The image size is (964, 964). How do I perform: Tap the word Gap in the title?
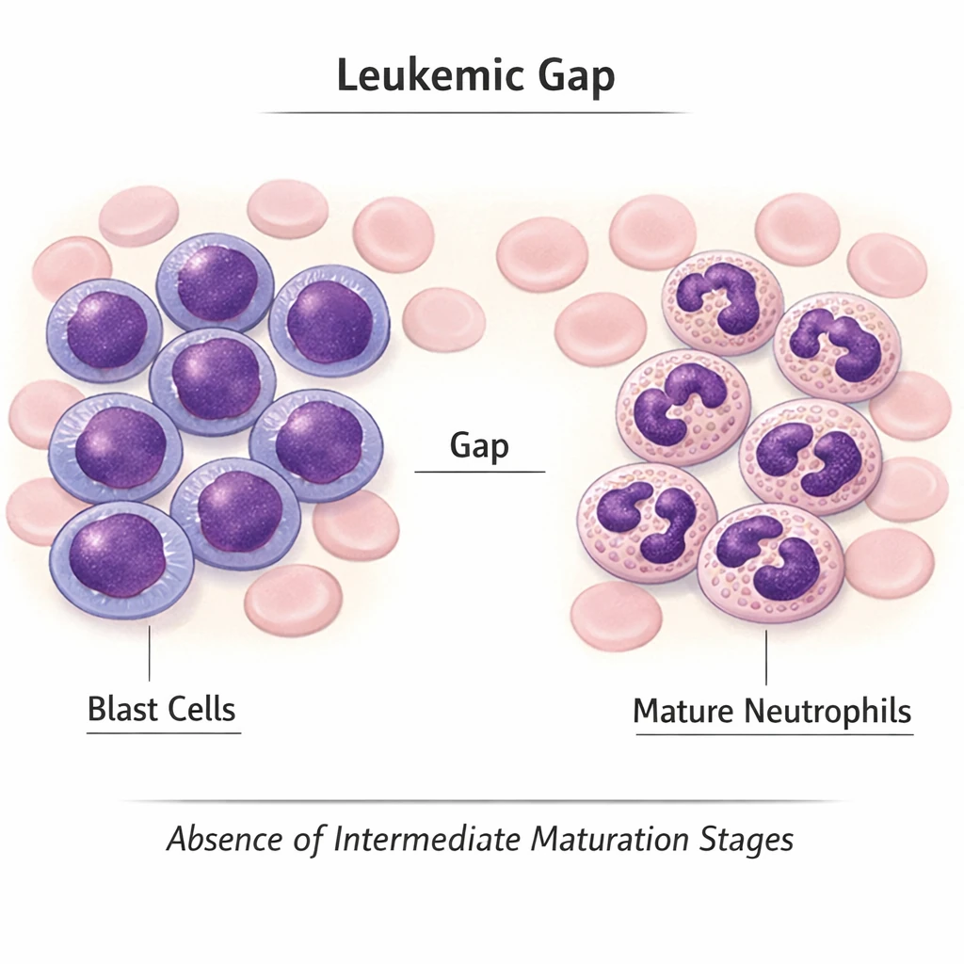576,77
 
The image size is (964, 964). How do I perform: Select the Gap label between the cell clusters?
479,444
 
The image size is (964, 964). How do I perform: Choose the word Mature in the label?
683,710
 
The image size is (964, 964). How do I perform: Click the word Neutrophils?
827,711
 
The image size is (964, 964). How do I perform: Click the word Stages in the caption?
753,839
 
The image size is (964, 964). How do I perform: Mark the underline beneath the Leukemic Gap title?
475,113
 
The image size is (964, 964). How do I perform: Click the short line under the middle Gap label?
479,471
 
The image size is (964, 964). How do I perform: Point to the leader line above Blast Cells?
150,651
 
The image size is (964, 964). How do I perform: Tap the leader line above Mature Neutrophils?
766,656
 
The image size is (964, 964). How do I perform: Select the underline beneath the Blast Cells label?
164,731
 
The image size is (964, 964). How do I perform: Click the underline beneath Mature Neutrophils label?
774,734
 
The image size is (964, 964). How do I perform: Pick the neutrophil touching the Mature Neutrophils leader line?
770,563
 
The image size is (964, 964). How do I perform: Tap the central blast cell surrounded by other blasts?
214,379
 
